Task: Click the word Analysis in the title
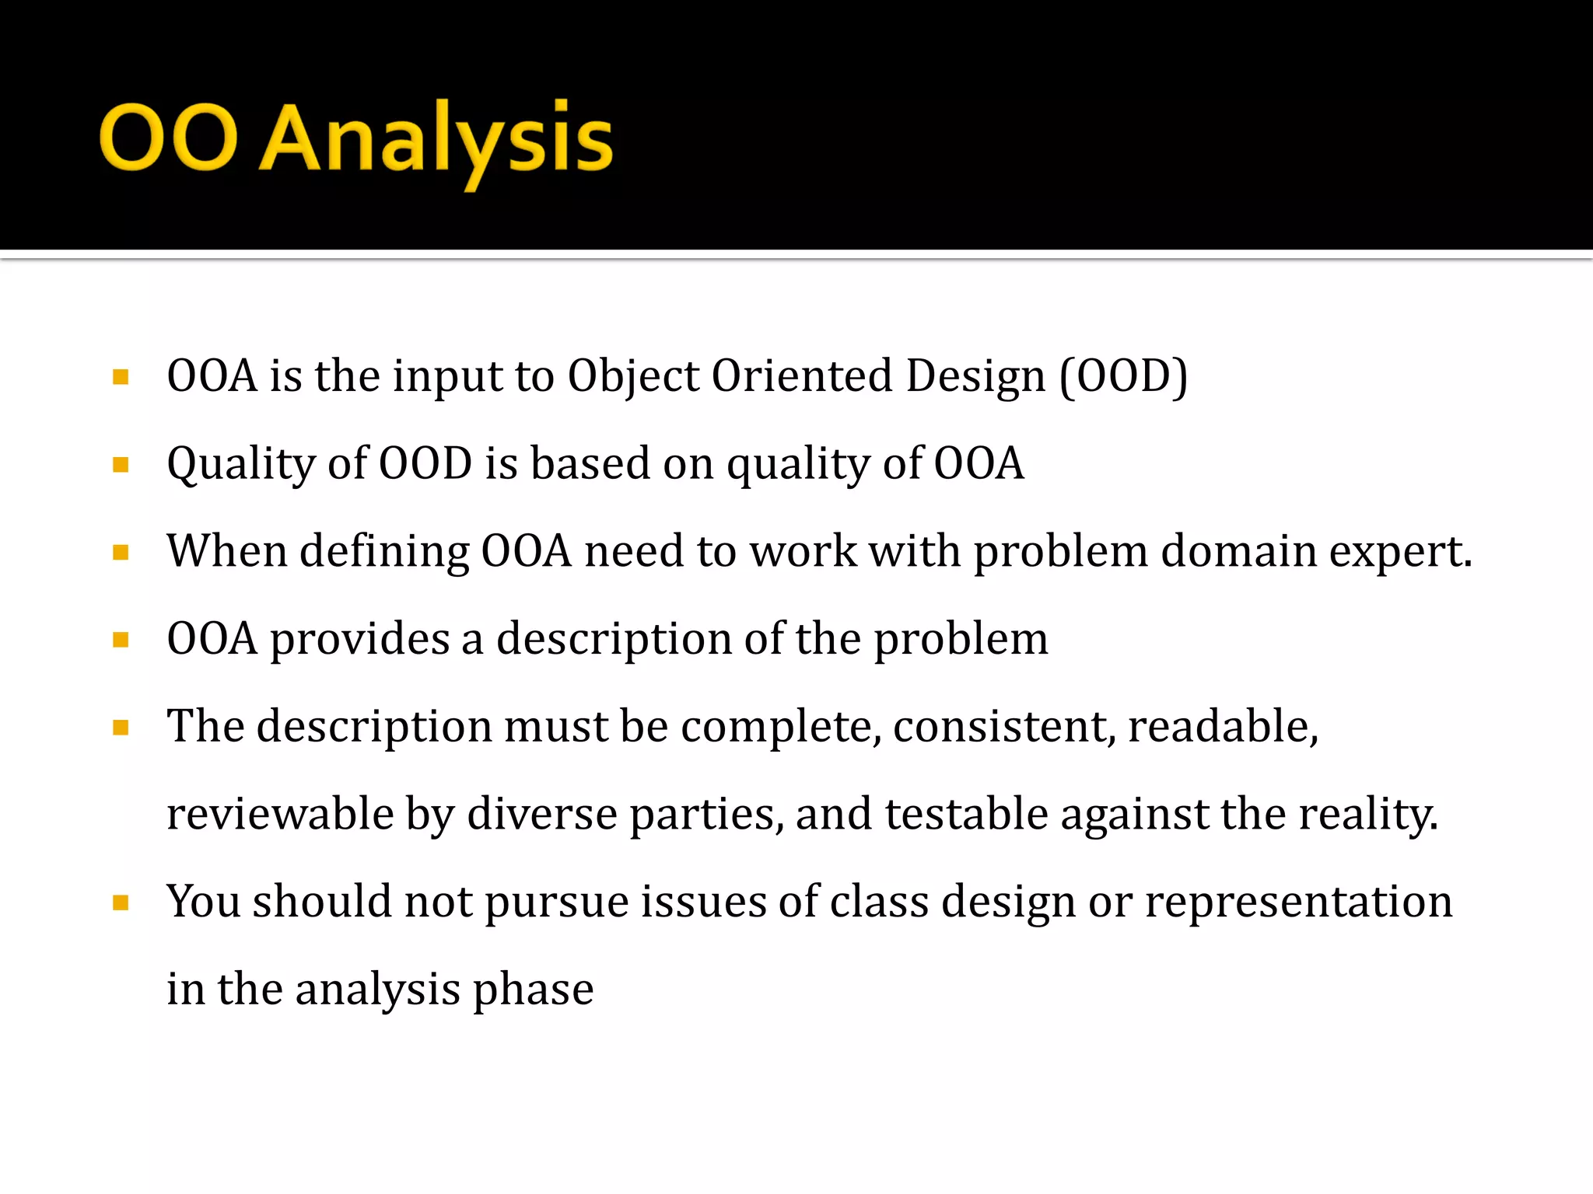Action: [x=436, y=140]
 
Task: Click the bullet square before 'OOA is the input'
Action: [x=121, y=378]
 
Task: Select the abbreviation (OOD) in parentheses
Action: [x=1123, y=376]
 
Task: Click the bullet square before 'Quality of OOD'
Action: [x=121, y=466]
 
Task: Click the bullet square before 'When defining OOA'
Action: [x=121, y=553]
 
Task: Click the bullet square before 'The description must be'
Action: [x=121, y=728]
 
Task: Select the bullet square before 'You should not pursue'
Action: [x=121, y=903]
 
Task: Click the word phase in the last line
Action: [x=533, y=990]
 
